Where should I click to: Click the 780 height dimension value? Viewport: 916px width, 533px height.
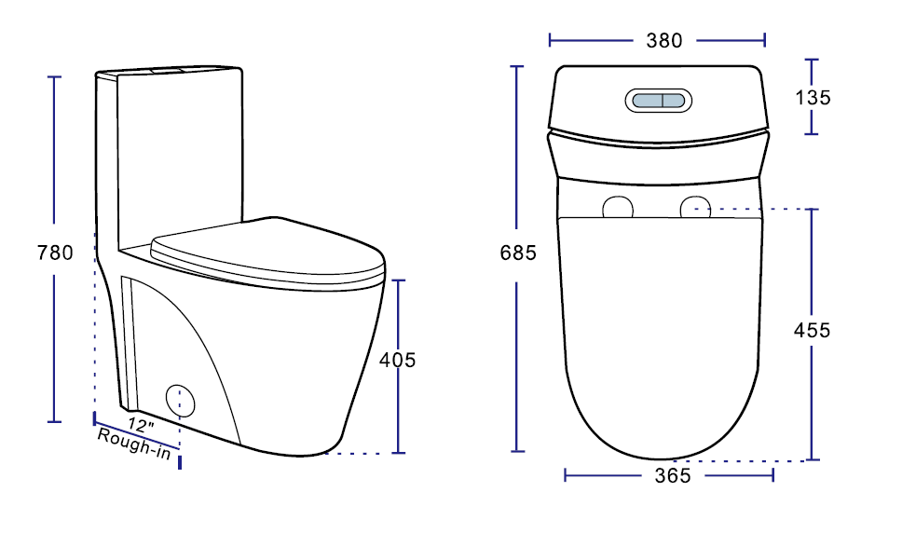(54, 253)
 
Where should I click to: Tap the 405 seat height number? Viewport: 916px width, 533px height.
(398, 360)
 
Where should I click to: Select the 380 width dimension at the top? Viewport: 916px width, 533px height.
(663, 41)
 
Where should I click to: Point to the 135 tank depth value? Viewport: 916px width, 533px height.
(812, 98)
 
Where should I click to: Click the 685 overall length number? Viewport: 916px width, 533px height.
(518, 253)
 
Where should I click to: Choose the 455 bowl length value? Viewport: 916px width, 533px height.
(812, 331)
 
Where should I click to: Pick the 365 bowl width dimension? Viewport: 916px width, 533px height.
(672, 476)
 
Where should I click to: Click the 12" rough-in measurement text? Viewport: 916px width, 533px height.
(143, 425)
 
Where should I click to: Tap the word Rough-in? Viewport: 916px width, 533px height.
(133, 443)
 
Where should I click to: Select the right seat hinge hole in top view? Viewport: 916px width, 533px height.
(695, 207)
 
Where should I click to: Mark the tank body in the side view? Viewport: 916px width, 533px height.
(182, 149)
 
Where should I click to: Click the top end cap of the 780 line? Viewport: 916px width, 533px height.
(54, 76)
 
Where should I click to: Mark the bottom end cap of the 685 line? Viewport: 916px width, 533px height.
(518, 451)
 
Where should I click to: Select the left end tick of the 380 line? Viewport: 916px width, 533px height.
(551, 40)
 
